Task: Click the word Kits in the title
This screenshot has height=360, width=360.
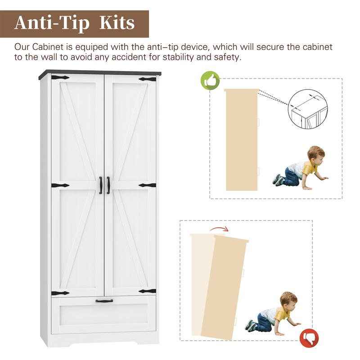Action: tap(117, 23)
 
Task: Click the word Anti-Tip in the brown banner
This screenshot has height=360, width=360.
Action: tap(52, 24)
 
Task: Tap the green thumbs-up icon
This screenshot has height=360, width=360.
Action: tap(210, 81)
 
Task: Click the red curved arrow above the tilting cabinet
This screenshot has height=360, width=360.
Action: tap(219, 229)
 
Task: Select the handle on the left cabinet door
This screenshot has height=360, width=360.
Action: tap(100, 185)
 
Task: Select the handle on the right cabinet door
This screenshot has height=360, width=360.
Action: tap(108, 185)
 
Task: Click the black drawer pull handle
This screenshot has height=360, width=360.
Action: tap(104, 301)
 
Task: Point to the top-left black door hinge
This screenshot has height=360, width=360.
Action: tap(60, 77)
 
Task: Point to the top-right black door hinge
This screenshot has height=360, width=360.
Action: tap(148, 80)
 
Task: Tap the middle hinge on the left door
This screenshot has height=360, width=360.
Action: tap(60, 185)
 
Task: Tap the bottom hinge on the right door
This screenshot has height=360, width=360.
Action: tap(148, 291)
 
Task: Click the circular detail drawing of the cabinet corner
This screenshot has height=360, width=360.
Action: tap(308, 109)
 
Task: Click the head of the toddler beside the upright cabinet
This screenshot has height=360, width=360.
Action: tap(316, 154)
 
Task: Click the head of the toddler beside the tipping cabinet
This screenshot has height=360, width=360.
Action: tap(288, 300)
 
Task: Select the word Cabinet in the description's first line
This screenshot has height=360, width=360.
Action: tap(48, 47)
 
